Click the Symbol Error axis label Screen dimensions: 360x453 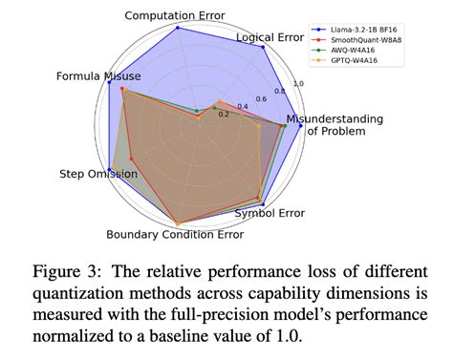(x=270, y=212)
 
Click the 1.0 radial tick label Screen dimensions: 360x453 (x=297, y=84)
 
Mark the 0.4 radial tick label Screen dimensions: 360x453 (x=243, y=106)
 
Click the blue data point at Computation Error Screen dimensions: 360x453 (x=179, y=28)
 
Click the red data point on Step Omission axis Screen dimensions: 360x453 (x=131, y=159)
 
